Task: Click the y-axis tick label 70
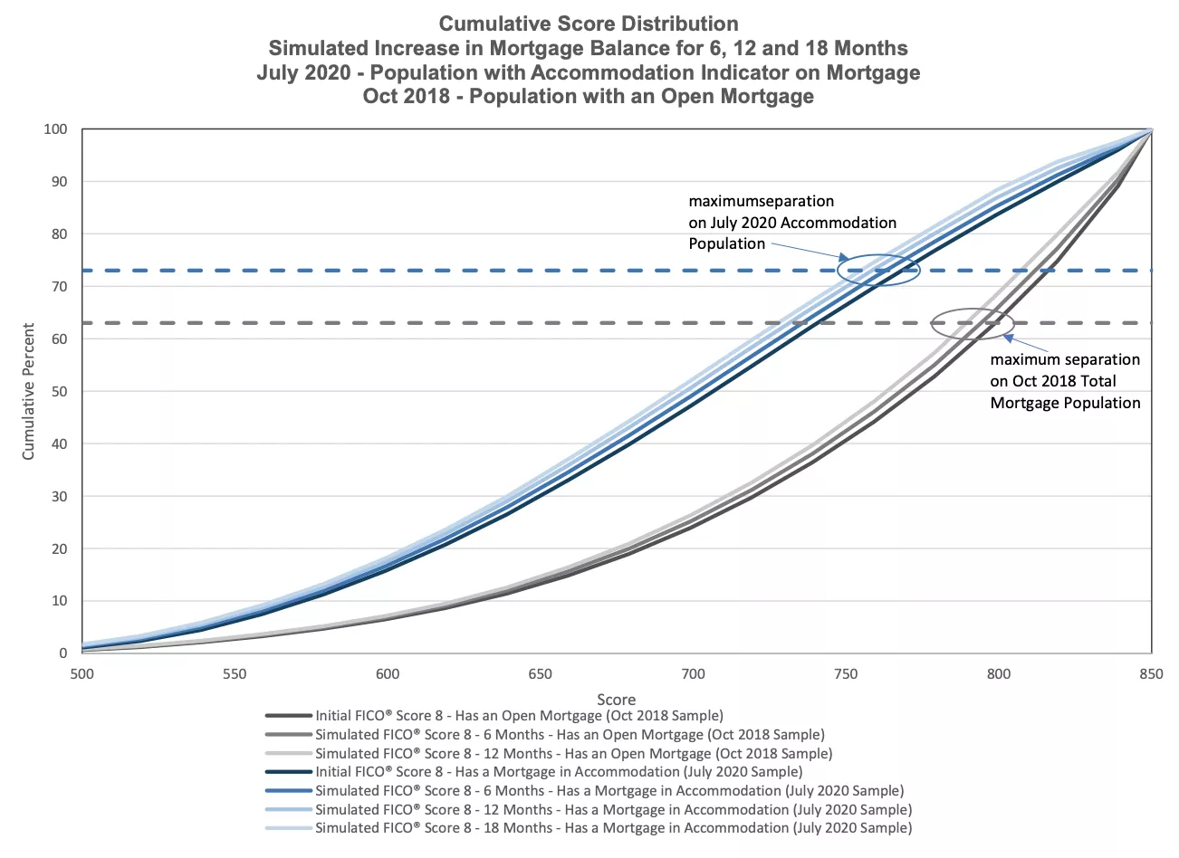59,287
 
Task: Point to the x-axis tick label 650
540,674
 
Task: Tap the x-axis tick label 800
999,674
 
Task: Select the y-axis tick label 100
56,129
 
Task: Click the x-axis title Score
616,699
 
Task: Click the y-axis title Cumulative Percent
28,391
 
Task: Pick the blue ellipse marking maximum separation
878,270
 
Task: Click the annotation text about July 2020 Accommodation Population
792,223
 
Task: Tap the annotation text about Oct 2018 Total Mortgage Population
1065,381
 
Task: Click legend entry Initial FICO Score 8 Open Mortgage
519,716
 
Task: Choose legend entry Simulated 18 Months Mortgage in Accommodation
613,828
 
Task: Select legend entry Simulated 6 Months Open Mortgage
570,735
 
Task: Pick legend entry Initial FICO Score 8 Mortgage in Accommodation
559,772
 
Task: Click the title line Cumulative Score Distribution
589,24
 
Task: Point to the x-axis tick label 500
81,674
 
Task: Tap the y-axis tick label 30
59,497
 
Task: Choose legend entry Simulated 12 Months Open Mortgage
573,754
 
